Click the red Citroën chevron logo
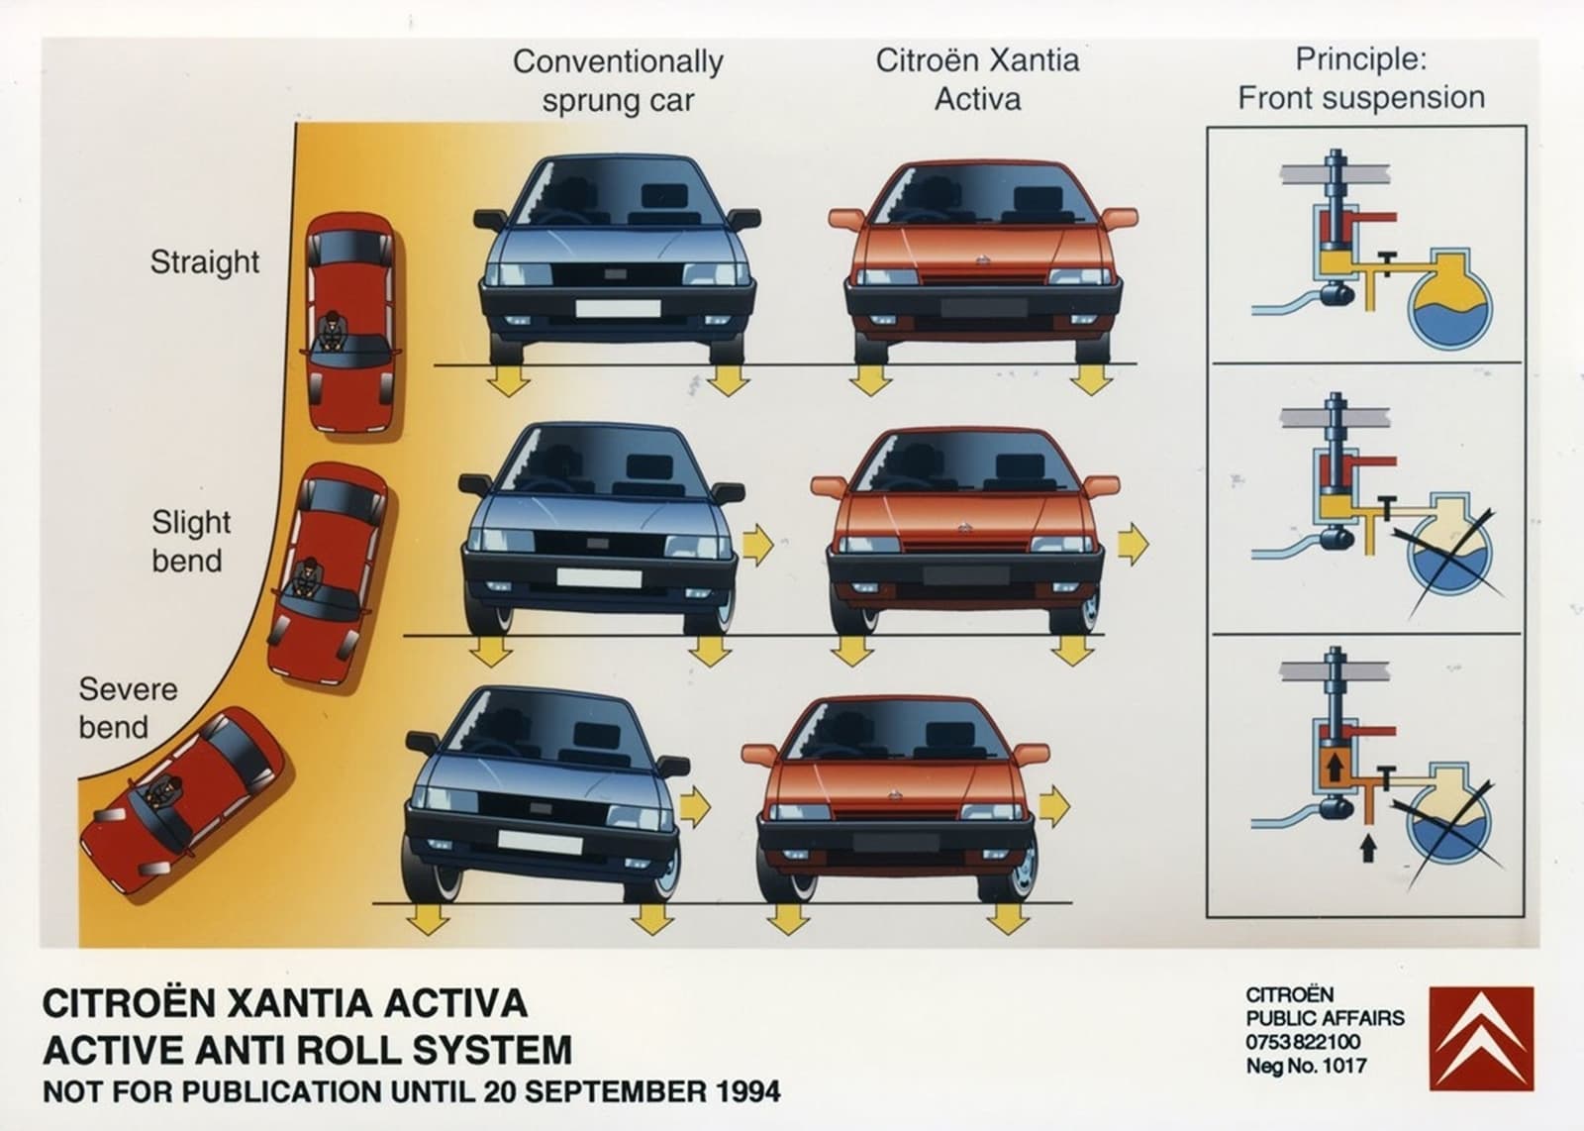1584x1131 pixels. click(x=1481, y=1039)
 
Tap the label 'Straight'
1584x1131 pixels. click(x=204, y=262)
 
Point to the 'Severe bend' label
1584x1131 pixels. click(x=128, y=708)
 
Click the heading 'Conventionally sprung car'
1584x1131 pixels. click(x=618, y=80)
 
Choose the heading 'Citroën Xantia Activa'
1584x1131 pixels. click(x=977, y=79)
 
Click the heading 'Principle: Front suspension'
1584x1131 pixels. click(x=1361, y=78)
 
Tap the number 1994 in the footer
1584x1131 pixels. click(x=747, y=1091)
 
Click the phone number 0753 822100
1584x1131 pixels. click(x=1303, y=1042)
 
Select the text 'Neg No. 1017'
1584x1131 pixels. click(x=1306, y=1066)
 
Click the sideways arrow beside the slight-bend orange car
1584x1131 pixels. click(x=1134, y=544)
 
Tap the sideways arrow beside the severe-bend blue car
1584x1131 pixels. click(x=695, y=806)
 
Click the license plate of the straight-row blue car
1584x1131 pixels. click(x=618, y=308)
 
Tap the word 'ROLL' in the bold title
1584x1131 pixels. click(x=357, y=1050)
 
